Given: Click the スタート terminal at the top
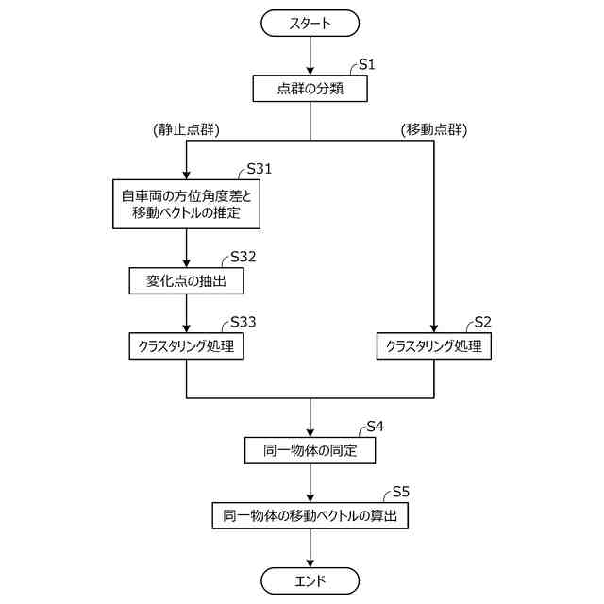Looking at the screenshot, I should pyautogui.click(x=310, y=24).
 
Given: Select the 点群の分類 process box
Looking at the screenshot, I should pyautogui.click(x=310, y=89).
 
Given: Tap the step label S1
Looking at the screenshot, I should pyautogui.click(x=367, y=65).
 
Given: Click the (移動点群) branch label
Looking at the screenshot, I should pyautogui.click(x=434, y=129).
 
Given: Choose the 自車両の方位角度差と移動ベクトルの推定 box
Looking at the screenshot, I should pyautogui.click(x=187, y=203).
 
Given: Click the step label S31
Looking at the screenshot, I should pyautogui.click(x=259, y=169).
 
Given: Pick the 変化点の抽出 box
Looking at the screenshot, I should pyautogui.click(x=187, y=280).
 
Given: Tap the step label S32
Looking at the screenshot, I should pyautogui.click(x=243, y=257).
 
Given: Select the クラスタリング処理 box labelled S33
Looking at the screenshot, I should pyautogui.click(x=187, y=345).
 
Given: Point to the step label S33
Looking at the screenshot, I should pyautogui.click(x=243, y=322).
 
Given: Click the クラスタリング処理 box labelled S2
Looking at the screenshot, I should pyautogui.click(x=434, y=345).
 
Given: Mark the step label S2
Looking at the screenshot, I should pyautogui.click(x=483, y=322).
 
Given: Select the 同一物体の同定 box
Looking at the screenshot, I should pyautogui.click(x=310, y=451).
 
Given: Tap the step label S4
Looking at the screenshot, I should pyautogui.click(x=375, y=427).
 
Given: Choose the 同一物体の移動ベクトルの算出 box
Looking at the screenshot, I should pyautogui.click(x=310, y=516).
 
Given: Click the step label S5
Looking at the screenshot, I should pyautogui.click(x=400, y=492).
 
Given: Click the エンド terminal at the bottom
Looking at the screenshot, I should pyautogui.click(x=310, y=580).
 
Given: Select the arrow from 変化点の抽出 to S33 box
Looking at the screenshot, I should pyautogui.click(x=187, y=312).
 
